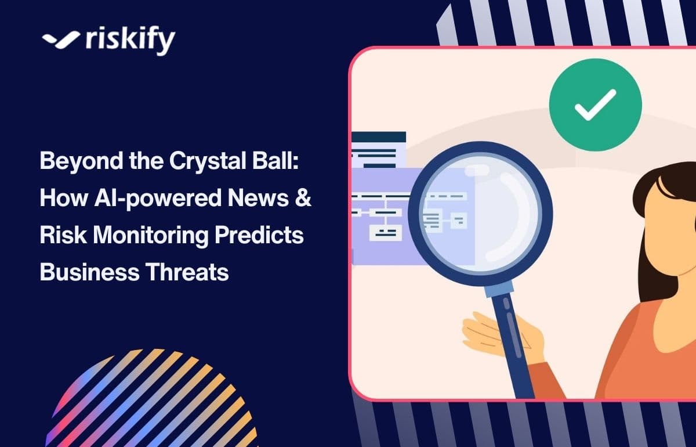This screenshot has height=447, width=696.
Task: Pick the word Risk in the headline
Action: [x=57, y=236]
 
